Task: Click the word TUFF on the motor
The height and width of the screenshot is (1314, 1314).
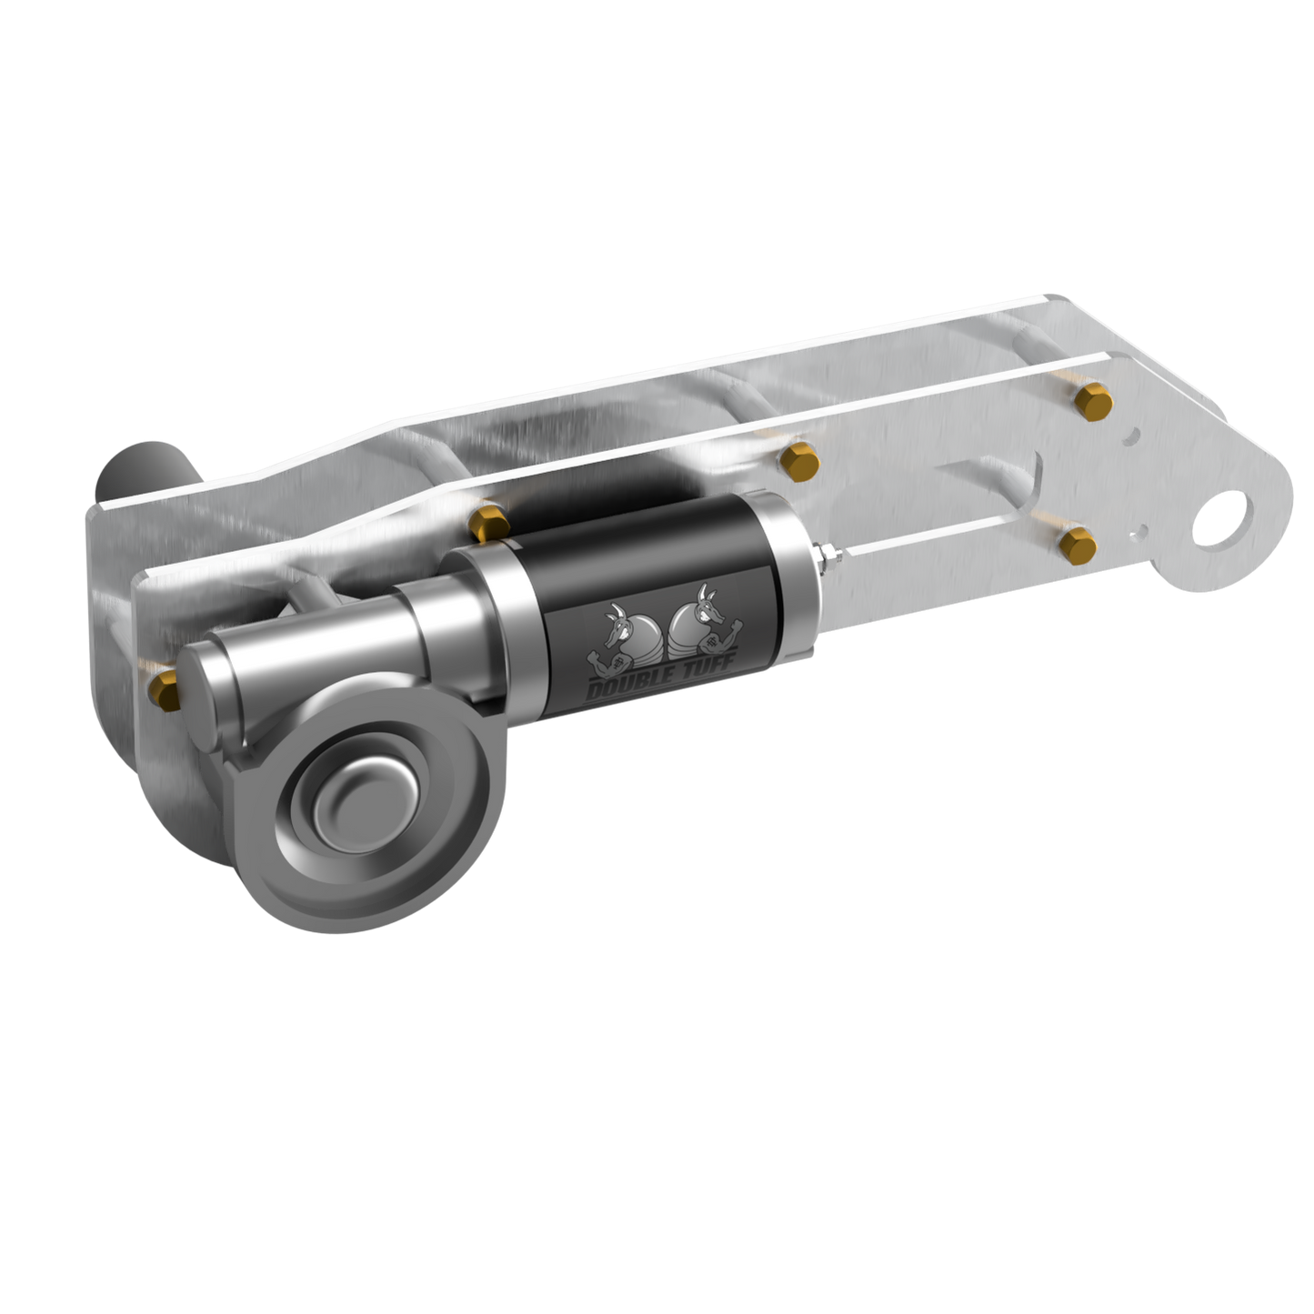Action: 707,670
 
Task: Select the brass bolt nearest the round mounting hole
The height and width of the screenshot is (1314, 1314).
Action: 1078,542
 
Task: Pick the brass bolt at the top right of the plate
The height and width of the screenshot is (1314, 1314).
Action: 1094,400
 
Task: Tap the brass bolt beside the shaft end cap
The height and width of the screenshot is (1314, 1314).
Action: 166,687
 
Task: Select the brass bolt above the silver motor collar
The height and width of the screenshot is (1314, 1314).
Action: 489,524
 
